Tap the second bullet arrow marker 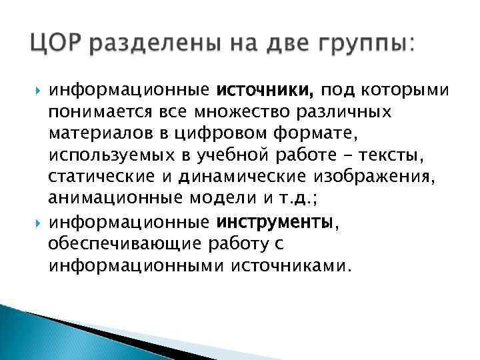[x=35, y=223]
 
